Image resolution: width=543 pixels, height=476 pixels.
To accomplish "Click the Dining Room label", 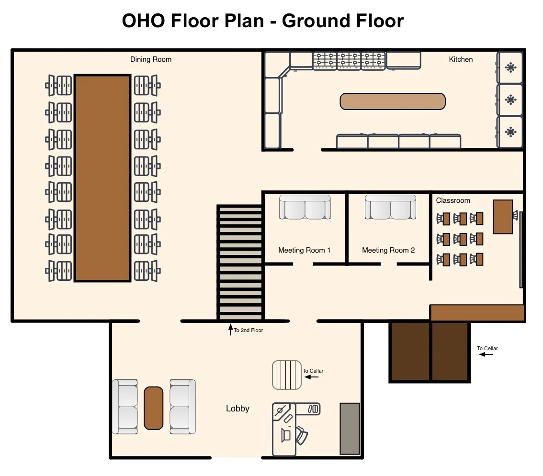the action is point(151,59).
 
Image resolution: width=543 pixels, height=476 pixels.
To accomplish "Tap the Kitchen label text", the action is point(461,59).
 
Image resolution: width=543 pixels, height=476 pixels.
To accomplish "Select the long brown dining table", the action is point(102,178).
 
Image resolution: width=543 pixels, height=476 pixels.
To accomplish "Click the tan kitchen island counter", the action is point(393,101).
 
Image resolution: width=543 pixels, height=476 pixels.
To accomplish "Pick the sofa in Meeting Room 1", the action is point(305,207).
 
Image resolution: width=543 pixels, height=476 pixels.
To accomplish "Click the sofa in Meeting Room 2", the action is point(390,207).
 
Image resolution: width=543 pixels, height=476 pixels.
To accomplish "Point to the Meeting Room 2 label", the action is point(388,250).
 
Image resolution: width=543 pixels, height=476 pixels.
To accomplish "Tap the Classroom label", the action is point(453,200).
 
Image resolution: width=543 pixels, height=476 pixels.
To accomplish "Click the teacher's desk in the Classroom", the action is point(503,217).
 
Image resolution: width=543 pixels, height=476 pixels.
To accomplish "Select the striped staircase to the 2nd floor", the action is point(240,263).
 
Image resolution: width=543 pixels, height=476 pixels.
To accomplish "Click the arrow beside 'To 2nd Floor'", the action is point(231,330).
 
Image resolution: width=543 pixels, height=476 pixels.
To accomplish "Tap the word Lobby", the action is point(238,409).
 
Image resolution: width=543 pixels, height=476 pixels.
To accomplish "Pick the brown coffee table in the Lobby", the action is point(153,408).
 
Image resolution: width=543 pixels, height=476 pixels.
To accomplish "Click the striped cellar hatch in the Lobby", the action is point(287,375).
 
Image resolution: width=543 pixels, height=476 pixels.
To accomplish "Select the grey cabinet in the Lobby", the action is point(350,429).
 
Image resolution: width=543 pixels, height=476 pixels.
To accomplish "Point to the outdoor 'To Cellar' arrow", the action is point(486,354).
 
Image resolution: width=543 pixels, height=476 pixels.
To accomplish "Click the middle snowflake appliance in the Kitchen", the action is point(510,100).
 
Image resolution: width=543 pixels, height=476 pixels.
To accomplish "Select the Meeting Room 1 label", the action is point(305,250).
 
